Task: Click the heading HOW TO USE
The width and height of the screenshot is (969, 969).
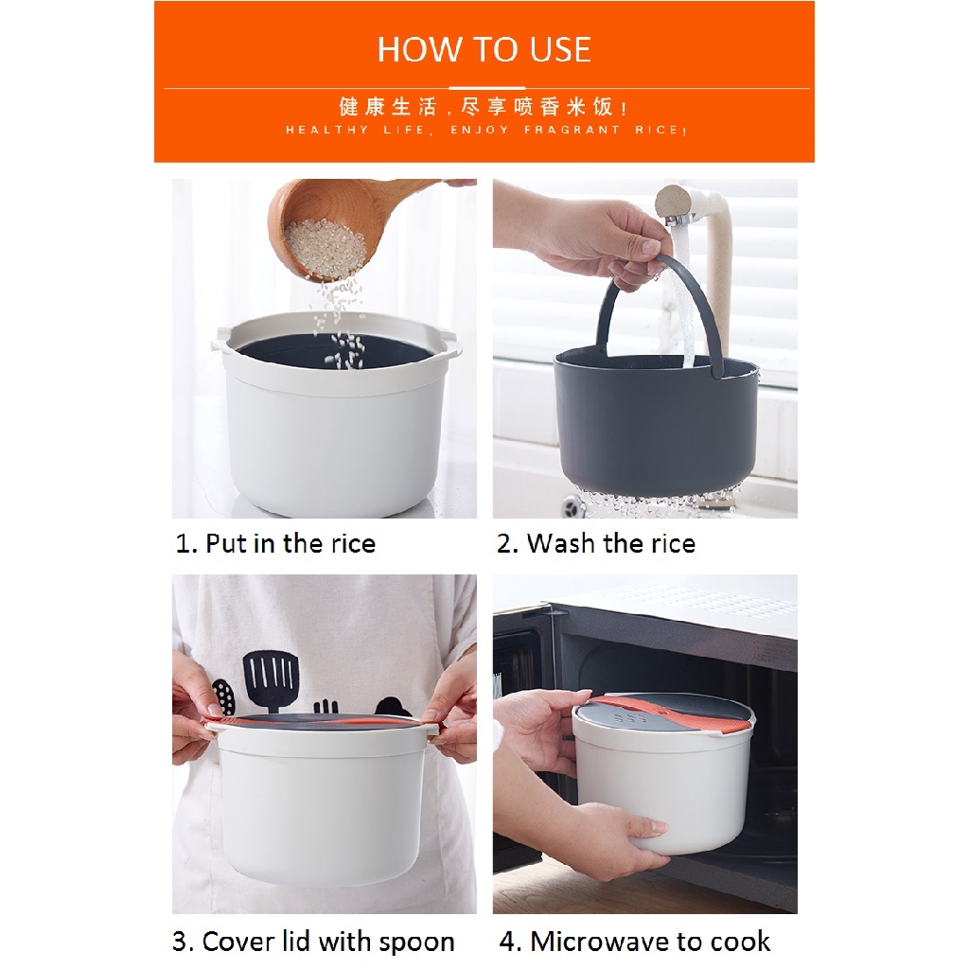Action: pyautogui.click(x=484, y=49)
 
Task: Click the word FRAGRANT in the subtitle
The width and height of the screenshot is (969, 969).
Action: pyautogui.click(x=572, y=130)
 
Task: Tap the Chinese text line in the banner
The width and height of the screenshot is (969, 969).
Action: pyautogui.click(x=484, y=107)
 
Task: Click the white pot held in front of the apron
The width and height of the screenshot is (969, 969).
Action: pyautogui.click(x=324, y=803)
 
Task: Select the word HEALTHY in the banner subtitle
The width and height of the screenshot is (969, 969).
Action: pyautogui.click(x=326, y=130)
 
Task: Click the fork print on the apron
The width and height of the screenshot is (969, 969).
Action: pyautogui.click(x=326, y=709)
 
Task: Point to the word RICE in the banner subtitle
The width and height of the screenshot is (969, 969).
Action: pyautogui.click(x=659, y=130)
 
